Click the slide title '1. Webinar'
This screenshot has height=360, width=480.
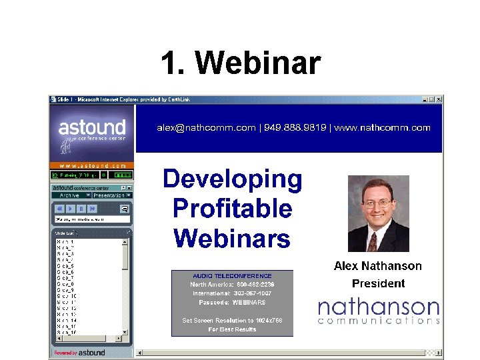coord(241,64)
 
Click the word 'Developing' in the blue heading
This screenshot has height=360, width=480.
coord(232,179)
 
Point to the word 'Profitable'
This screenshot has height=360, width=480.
coord(232,209)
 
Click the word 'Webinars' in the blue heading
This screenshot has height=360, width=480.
coord(232,238)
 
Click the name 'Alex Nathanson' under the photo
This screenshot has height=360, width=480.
coord(377,266)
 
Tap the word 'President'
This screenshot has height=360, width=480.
coord(378,283)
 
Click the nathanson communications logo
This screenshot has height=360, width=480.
coord(378,311)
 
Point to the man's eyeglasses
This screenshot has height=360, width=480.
coord(378,203)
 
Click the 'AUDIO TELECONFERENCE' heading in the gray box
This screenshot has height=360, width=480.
coord(232,276)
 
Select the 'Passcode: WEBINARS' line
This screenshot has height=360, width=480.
coord(232,302)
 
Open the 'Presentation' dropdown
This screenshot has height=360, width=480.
coord(111,195)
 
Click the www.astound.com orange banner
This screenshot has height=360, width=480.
coord(92,165)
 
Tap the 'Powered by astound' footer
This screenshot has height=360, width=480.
coord(79,353)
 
